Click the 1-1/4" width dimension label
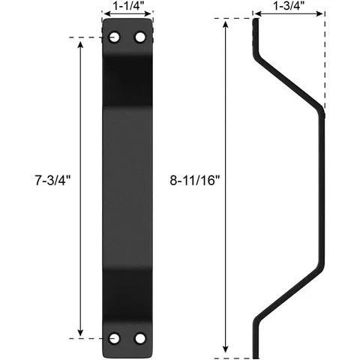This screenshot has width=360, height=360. pyautogui.click(x=128, y=7)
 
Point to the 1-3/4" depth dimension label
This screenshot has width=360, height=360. pyautogui.click(x=289, y=6)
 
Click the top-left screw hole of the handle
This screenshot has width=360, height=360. pyautogui.click(x=115, y=37)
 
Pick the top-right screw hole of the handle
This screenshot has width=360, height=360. pyautogui.click(x=139, y=37)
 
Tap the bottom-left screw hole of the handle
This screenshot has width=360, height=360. pyautogui.click(x=115, y=338)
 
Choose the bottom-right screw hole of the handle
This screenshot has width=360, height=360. pyautogui.click(x=139, y=338)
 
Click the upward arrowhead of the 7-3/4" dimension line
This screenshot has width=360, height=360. pyautogui.click(x=80, y=41)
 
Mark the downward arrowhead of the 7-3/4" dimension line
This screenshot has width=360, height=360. pyautogui.click(x=80, y=334)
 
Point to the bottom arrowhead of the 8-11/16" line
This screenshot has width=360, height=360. pyautogui.click(x=225, y=349)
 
